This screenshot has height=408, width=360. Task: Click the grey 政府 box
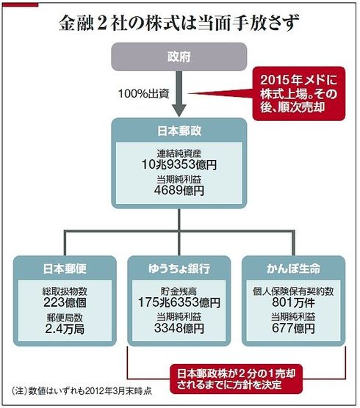(x=179, y=57)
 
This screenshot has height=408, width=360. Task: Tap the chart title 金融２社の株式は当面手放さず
(x=179, y=23)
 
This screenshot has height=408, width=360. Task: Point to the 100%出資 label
(x=144, y=94)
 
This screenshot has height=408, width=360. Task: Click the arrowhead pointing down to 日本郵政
(x=179, y=111)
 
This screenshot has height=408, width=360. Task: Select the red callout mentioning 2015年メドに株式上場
(x=299, y=93)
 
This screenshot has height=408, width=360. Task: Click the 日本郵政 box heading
(x=179, y=131)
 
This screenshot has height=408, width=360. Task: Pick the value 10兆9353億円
(x=179, y=164)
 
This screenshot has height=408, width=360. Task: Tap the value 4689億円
(x=179, y=190)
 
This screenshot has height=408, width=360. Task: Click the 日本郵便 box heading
(x=65, y=269)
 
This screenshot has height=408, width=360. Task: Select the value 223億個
(x=65, y=302)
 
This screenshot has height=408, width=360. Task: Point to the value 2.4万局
(x=65, y=329)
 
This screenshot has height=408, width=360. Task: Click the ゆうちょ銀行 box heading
(x=179, y=269)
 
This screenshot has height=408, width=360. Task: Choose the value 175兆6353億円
(x=179, y=302)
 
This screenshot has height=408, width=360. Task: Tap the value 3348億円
(x=179, y=328)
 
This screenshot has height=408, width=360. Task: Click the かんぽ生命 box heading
(x=294, y=269)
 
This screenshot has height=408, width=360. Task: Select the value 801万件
(x=294, y=302)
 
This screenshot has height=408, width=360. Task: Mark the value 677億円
(x=294, y=328)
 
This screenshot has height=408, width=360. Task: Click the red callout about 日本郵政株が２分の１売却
(x=237, y=379)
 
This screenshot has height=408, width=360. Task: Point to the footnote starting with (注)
(x=82, y=391)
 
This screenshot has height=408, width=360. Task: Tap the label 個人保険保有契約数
(x=294, y=291)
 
